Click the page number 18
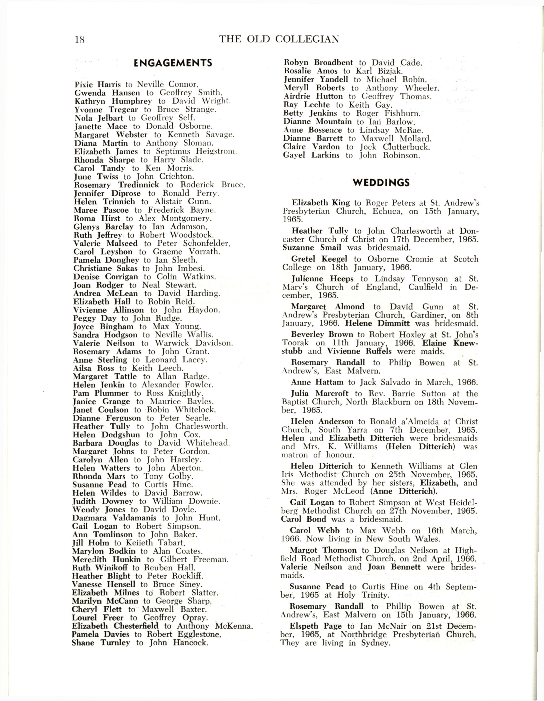[x=79, y=40]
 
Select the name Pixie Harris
[x=98, y=85]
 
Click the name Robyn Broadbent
[x=318, y=62]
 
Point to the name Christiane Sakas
[x=105, y=268]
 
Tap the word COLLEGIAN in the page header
[x=307, y=39]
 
